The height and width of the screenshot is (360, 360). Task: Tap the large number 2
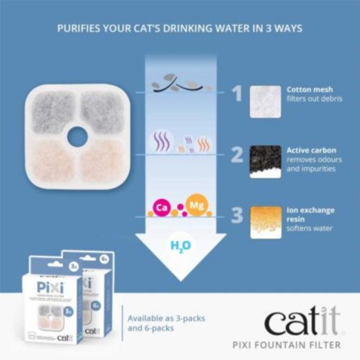237,154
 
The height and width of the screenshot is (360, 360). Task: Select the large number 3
237,216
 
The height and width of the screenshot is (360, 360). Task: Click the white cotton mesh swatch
265,102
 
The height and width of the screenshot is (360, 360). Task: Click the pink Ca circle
161,207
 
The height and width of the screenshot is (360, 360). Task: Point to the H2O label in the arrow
181,246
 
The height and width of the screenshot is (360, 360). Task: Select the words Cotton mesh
310,90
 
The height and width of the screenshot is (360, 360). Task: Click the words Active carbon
311,150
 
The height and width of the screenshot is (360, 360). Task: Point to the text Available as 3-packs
166,319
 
